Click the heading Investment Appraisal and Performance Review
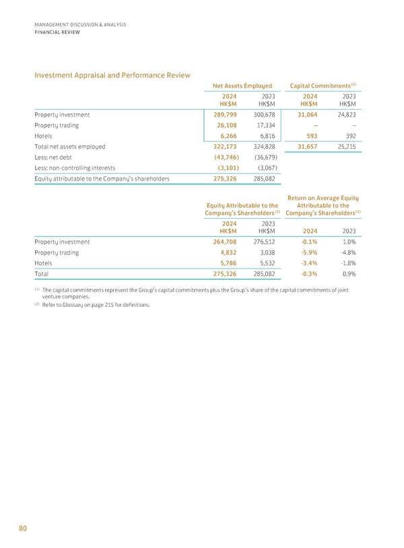click(112, 75)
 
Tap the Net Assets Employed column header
click(242, 85)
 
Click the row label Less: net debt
click(58, 157)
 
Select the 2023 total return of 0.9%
click(349, 275)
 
